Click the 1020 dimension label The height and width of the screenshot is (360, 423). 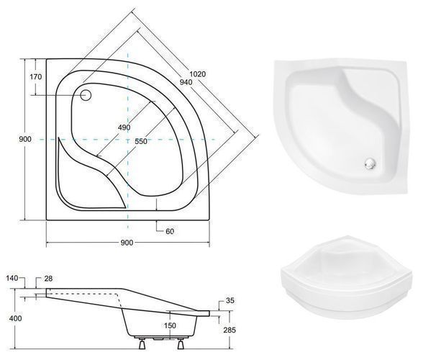(x=198, y=73)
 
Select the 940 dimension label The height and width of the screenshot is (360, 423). (x=186, y=82)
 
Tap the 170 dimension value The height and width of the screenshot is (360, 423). (x=36, y=77)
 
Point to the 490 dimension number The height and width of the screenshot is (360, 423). (x=124, y=127)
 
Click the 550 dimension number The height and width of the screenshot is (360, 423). (x=140, y=141)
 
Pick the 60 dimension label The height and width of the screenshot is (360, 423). (x=170, y=231)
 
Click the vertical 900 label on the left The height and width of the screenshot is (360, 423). (x=25, y=140)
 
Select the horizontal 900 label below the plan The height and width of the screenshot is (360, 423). (x=127, y=243)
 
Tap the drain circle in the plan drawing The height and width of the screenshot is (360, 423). (x=86, y=95)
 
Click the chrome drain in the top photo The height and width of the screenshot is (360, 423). (x=370, y=163)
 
